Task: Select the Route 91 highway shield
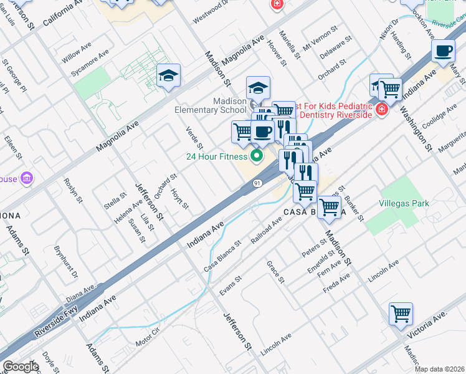(x=257, y=183)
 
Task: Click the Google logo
(x=21, y=367)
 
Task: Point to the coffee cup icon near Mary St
(x=443, y=50)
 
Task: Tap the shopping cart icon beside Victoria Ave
(x=401, y=314)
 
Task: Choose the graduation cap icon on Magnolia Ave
(x=168, y=76)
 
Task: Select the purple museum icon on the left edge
(x=26, y=179)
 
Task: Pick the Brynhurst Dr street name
(x=65, y=261)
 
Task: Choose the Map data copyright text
(x=440, y=368)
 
